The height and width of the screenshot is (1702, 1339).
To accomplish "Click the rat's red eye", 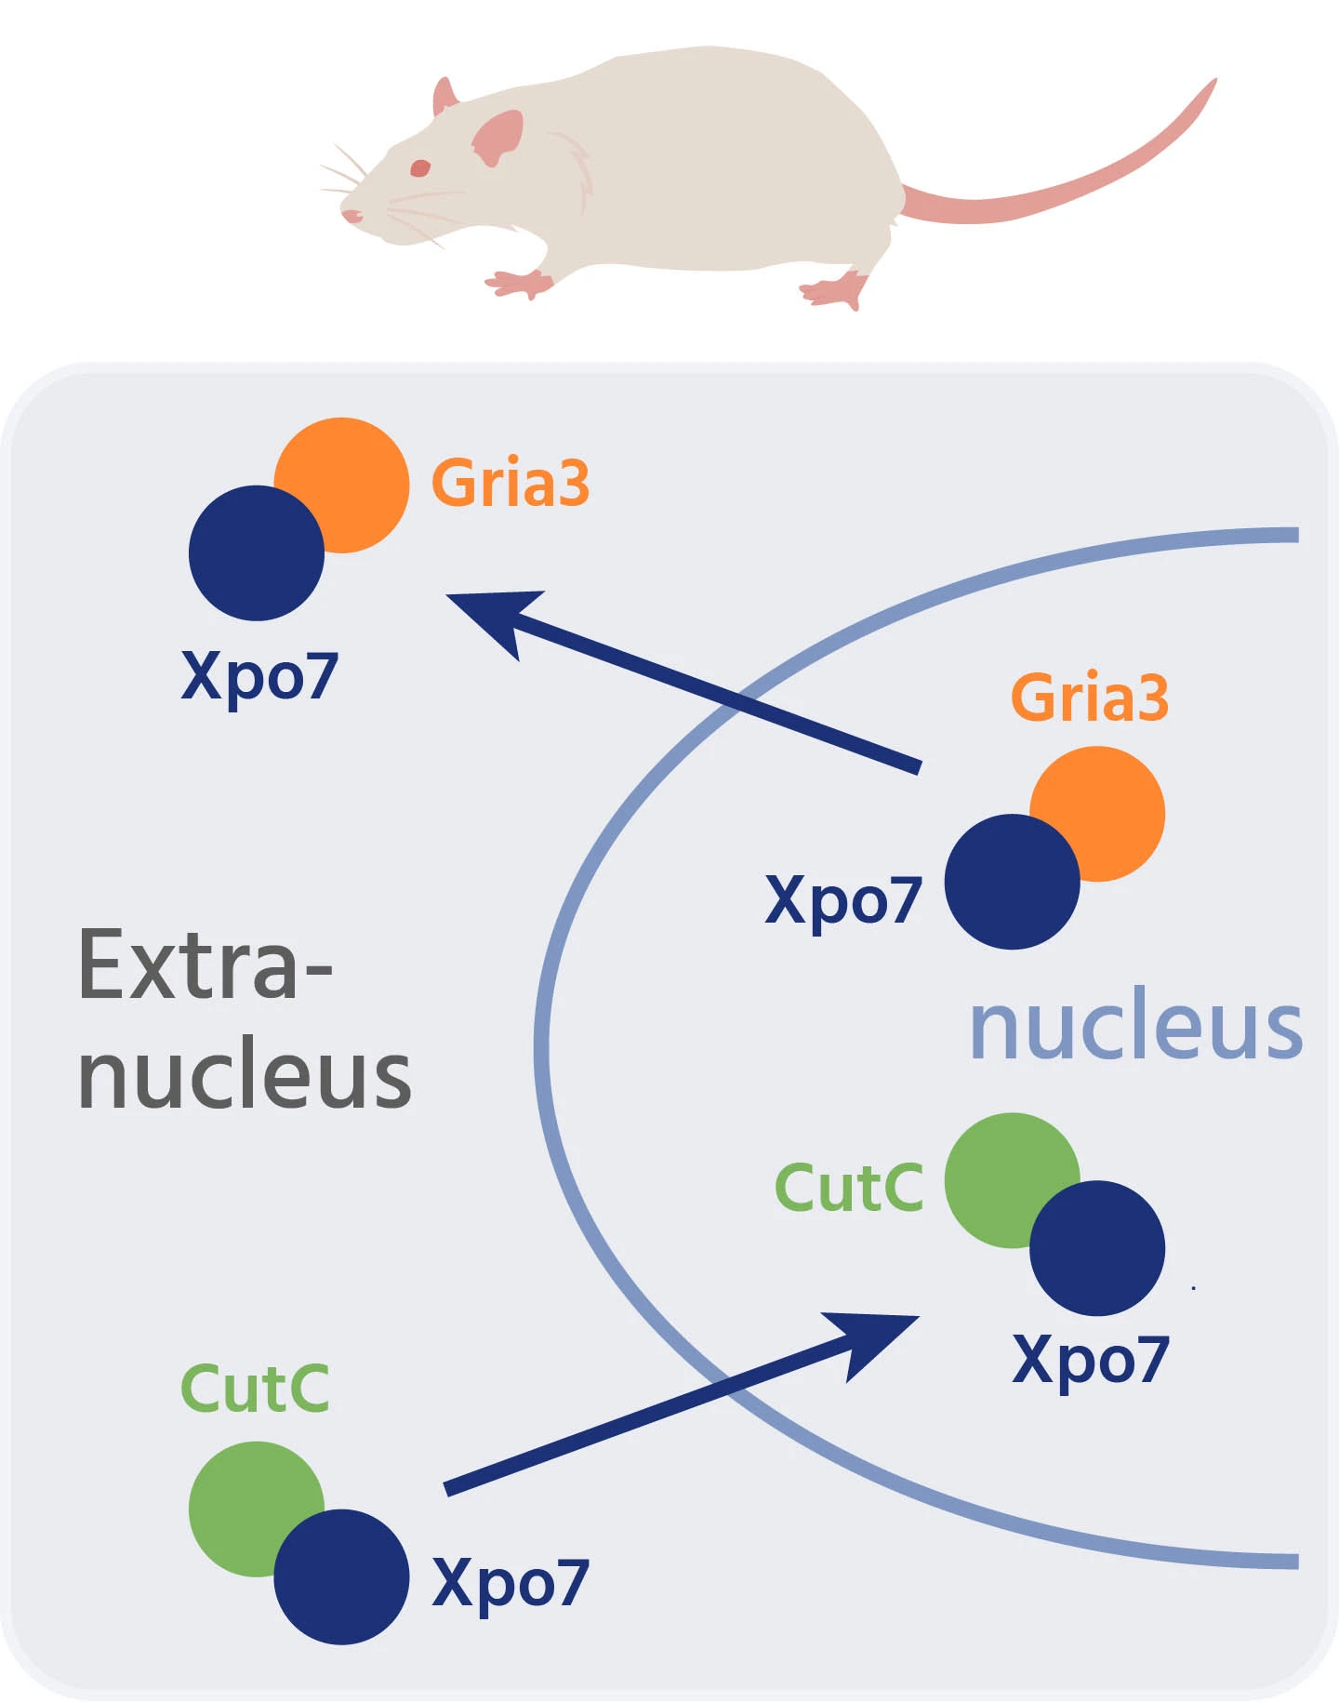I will click(x=420, y=168).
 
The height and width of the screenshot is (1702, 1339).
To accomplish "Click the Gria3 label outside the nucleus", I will click(x=510, y=483).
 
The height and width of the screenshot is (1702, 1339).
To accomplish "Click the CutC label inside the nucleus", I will click(x=849, y=1188).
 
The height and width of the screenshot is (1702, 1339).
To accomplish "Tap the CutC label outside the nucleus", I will click(x=255, y=1389).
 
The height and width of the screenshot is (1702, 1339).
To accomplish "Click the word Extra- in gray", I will click(x=205, y=964).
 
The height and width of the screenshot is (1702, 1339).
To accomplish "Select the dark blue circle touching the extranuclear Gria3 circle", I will click(x=256, y=553).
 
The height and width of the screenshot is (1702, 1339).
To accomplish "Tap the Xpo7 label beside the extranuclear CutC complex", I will click(x=510, y=1582).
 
